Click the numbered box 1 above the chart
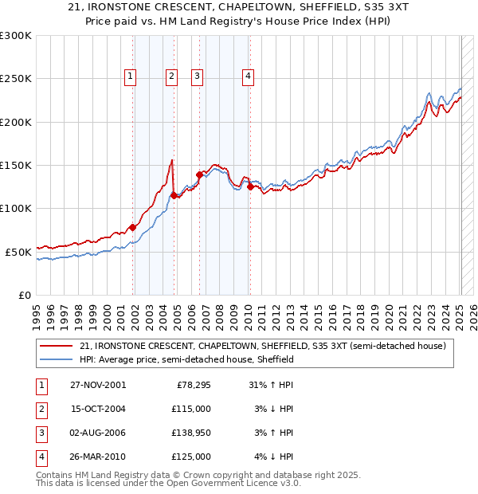pyautogui.click(x=130, y=76)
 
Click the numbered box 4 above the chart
pyautogui.click(x=249, y=76)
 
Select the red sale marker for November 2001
pyautogui.click(x=133, y=227)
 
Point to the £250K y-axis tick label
pyautogui.click(x=16, y=79)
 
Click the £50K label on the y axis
pyautogui.click(x=19, y=252)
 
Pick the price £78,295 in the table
pyautogui.click(x=189, y=385)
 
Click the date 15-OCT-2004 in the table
pyautogui.click(x=97, y=409)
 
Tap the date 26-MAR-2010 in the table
pyautogui.click(x=97, y=457)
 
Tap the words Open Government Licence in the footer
pyautogui.click(x=238, y=484)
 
